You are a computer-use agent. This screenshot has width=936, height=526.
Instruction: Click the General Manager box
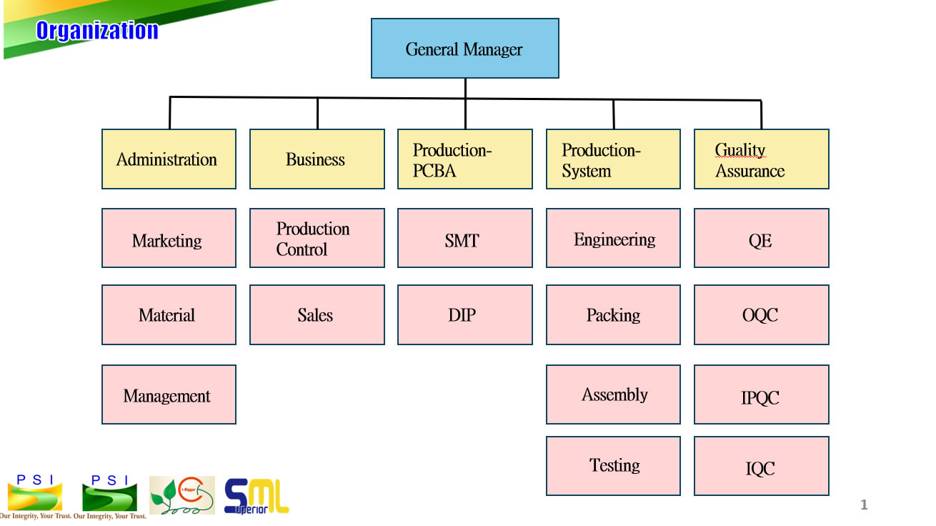(464, 49)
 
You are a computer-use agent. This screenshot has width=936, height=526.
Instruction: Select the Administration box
(169, 159)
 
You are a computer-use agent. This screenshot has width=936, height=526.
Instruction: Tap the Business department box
(317, 159)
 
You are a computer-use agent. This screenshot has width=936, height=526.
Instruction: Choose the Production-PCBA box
(464, 159)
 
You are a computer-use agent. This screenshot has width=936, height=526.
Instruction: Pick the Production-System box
(613, 159)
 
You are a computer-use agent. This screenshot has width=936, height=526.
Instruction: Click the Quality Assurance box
(761, 159)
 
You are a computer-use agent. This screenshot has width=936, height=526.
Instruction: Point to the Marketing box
(169, 239)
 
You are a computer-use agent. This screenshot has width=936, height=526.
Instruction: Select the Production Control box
(317, 239)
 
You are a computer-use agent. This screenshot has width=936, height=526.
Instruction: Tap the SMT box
(464, 239)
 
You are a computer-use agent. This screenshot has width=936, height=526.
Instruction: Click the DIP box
(464, 315)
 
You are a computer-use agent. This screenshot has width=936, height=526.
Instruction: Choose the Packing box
(613, 315)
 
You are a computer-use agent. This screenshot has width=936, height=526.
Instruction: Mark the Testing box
(613, 466)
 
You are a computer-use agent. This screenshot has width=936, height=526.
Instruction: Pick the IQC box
(761, 466)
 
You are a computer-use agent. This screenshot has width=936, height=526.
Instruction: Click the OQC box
(761, 315)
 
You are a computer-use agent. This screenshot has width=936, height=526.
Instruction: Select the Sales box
(317, 315)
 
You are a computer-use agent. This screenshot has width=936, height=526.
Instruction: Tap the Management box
(169, 394)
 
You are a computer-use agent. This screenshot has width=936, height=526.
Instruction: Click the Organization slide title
(97, 31)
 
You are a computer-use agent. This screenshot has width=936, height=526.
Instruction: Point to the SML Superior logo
(257, 496)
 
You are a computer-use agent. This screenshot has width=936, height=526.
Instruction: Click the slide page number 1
(864, 505)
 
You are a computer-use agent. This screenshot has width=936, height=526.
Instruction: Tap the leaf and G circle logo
(181, 495)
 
